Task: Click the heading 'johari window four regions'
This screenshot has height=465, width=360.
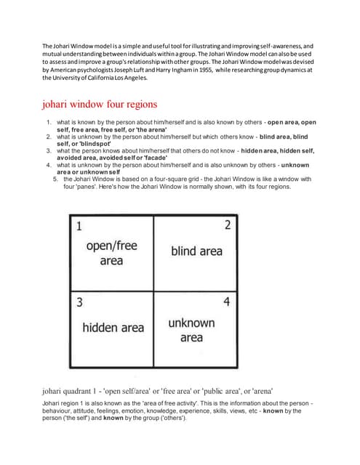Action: pyautogui.click(x=100, y=104)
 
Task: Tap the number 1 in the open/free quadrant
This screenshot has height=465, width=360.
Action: pyautogui.click(x=79, y=226)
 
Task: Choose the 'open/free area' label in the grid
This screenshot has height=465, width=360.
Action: pyautogui.click(x=111, y=253)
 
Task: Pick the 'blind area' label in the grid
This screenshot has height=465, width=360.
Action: pyautogui.click(x=196, y=251)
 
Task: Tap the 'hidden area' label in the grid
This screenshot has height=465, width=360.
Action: pyautogui.click(x=113, y=328)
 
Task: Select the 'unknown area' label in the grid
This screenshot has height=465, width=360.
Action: pyautogui.click(x=191, y=330)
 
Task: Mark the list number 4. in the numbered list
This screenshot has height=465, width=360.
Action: pyautogui.click(x=48, y=165)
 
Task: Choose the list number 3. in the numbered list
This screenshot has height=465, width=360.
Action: pyautogui.click(x=48, y=151)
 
